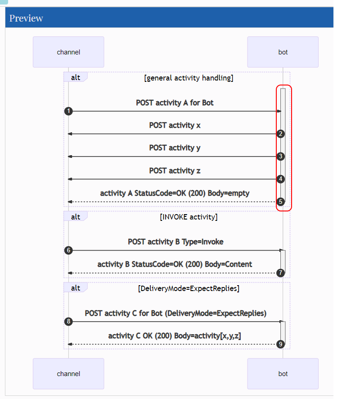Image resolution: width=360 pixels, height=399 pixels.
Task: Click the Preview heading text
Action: pyautogui.click(x=26, y=18)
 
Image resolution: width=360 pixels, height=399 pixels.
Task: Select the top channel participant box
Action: pyautogui.click(x=68, y=52)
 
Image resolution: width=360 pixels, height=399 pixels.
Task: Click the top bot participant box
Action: pyautogui.click(x=283, y=52)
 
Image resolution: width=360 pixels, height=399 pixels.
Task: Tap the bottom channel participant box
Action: pyautogui.click(x=68, y=374)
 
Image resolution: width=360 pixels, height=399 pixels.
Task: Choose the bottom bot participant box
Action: pyautogui.click(x=283, y=374)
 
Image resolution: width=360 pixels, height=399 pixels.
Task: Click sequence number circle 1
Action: pyautogui.click(x=68, y=111)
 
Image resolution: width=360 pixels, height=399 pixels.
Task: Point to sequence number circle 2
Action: pyautogui.click(x=281, y=134)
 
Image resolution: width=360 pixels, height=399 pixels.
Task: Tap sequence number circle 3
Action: pyautogui.click(x=281, y=157)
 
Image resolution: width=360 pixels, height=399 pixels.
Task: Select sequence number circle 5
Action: pyautogui.click(x=281, y=202)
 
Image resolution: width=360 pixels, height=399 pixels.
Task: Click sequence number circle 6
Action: pyautogui.click(x=68, y=251)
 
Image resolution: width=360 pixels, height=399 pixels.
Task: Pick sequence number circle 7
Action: pyautogui.click(x=281, y=273)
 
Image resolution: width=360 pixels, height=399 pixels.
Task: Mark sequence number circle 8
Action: pyautogui.click(x=68, y=322)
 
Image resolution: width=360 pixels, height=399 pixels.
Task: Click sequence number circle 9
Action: pyautogui.click(x=281, y=344)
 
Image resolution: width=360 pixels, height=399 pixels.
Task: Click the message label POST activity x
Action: pyautogui.click(x=175, y=126)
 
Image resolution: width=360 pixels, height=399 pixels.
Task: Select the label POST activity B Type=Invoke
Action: pyautogui.click(x=175, y=242)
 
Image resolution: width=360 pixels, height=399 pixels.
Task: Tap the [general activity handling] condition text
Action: pyautogui.click(x=188, y=78)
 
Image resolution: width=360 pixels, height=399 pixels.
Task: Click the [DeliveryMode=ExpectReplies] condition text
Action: pyautogui.click(x=188, y=288)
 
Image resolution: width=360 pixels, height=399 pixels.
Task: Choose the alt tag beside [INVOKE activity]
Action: pyautogui.click(x=76, y=217)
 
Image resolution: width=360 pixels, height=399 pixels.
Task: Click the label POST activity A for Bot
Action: pyautogui.click(x=175, y=103)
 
